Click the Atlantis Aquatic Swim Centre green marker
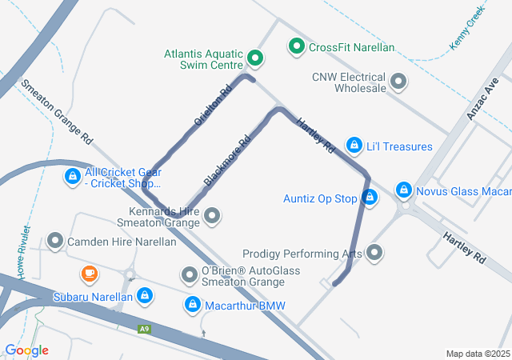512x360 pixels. click(x=255, y=57)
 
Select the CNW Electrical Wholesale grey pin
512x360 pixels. click(x=398, y=81)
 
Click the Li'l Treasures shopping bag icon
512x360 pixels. click(x=354, y=146)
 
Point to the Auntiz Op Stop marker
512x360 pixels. click(x=369, y=197)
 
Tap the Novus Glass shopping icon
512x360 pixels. click(x=404, y=190)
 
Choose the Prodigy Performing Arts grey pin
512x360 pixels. click(x=374, y=254)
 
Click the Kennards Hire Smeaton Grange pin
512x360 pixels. click(x=212, y=215)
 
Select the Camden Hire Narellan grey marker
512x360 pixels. click(x=55, y=240)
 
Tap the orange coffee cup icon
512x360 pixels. click(x=89, y=275)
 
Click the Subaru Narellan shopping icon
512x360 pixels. click(x=144, y=296)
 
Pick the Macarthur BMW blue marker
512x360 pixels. click(x=193, y=305)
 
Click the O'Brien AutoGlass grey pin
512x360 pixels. click(x=190, y=276)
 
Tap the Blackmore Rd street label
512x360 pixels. click(x=227, y=160)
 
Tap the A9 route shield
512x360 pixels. click(x=144, y=328)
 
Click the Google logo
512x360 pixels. click(x=26, y=350)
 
